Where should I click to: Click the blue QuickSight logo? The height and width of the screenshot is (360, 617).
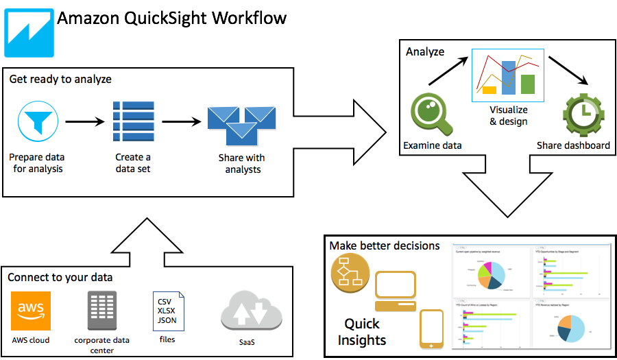(x=29, y=32)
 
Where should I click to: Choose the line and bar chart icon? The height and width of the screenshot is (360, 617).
(x=508, y=73)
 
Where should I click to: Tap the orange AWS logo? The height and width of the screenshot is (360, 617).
(x=31, y=311)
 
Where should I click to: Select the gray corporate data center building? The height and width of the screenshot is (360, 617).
(x=101, y=311)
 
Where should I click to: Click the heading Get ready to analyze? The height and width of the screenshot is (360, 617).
(x=60, y=80)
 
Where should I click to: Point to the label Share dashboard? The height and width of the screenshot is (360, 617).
(x=573, y=145)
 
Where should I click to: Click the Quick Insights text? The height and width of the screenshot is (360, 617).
(x=362, y=331)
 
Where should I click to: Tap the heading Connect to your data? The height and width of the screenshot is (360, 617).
(x=60, y=278)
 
